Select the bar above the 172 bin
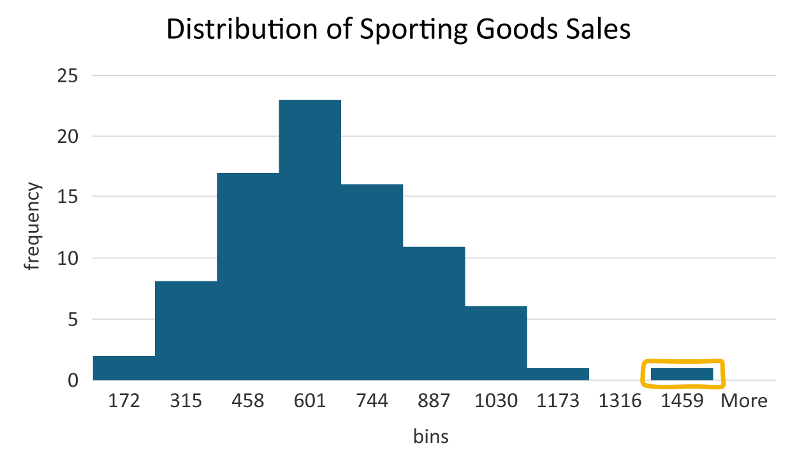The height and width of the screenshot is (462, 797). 124,368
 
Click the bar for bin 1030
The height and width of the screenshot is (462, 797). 496,343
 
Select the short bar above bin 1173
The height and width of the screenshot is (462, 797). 558,374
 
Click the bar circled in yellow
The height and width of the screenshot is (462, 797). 682,374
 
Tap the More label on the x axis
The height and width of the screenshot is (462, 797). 743,401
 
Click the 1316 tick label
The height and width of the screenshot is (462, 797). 620,401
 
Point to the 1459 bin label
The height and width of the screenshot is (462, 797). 682,401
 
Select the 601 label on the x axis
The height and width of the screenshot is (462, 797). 310,401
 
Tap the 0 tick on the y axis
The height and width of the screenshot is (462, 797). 73,380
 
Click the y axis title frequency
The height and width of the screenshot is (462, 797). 33,227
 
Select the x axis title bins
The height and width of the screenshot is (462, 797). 430,436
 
